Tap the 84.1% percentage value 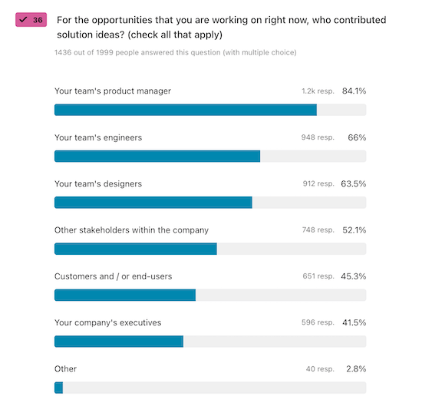pyautogui.click(x=354, y=91)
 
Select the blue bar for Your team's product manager pyautogui.click(x=186, y=110)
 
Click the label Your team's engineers pyautogui.click(x=98, y=138)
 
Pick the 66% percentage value pyautogui.click(x=357, y=138)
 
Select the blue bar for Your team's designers pyautogui.click(x=153, y=203)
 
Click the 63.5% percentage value pyautogui.click(x=354, y=184)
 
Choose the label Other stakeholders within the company pyautogui.click(x=131, y=230)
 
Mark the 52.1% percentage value pyautogui.click(x=354, y=230)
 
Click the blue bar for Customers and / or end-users pyautogui.click(x=125, y=295)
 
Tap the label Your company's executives pyautogui.click(x=107, y=323)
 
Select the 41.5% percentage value pyautogui.click(x=354, y=323)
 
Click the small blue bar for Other pyautogui.click(x=58, y=388)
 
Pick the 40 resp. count pyautogui.click(x=320, y=369)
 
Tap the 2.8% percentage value pyautogui.click(x=355, y=369)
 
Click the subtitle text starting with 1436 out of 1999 pyautogui.click(x=175, y=53)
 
